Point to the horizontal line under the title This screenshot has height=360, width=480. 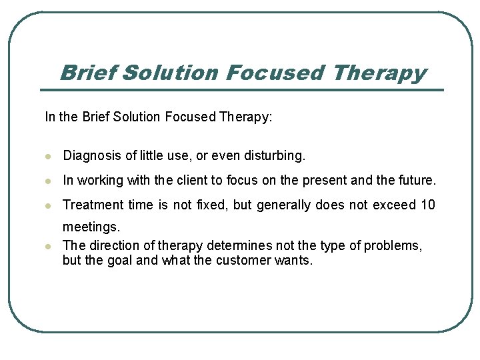click(x=241, y=90)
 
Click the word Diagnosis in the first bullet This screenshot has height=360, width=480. click(x=92, y=156)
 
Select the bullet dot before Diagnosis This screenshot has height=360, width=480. click(x=48, y=157)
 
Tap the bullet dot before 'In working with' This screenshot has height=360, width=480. click(x=48, y=181)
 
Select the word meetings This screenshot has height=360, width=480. click(x=91, y=227)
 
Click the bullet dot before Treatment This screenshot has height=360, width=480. click(x=48, y=205)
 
